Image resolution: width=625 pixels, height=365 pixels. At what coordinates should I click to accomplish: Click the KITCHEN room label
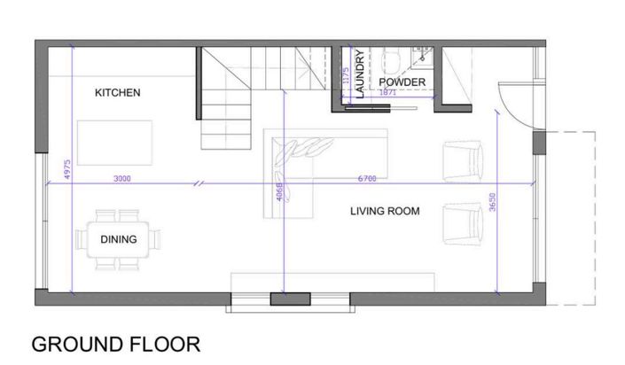coord(118,93)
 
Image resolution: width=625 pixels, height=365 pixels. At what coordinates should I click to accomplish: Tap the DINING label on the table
coord(118,239)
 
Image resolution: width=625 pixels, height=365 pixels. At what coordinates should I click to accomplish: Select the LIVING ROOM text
coord(384,211)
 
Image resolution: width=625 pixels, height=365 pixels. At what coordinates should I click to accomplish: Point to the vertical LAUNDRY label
coord(361,74)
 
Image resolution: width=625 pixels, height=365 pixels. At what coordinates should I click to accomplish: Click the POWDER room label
coord(402,82)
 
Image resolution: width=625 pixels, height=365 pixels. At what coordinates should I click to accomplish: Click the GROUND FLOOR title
coord(115,344)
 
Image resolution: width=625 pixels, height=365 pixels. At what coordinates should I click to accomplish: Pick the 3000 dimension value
coord(123,179)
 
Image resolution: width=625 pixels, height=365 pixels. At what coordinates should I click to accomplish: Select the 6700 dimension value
coord(366,179)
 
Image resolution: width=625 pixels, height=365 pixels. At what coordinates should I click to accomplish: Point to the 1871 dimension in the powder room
coord(387,92)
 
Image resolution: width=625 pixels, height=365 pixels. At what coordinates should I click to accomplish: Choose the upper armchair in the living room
coord(464,160)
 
